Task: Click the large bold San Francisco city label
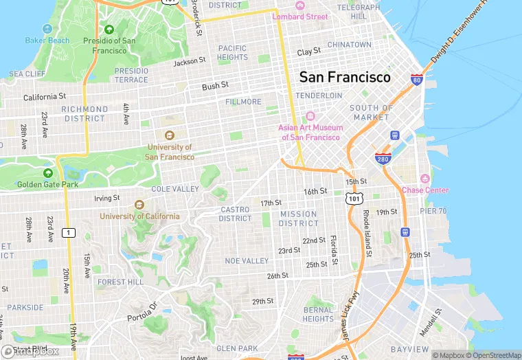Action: coord(344,77)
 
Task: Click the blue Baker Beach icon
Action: coord(47,29)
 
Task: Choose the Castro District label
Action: coord(236,214)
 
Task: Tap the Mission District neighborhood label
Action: coord(299,218)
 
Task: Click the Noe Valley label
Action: coord(247,261)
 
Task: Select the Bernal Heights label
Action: coord(318,314)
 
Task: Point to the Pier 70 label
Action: coord(433,211)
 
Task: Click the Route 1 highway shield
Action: coord(68,233)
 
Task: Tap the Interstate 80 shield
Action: coord(416,80)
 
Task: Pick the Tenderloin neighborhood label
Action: coord(319,95)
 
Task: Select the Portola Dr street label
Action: coord(142,313)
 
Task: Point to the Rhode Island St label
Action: coord(367,234)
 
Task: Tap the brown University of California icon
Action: coord(139,205)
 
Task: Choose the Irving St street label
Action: coord(106,198)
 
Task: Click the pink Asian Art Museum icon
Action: coord(309,116)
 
